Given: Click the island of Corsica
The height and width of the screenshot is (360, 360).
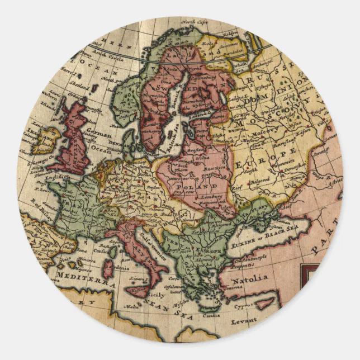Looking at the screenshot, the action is coord(112,252).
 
